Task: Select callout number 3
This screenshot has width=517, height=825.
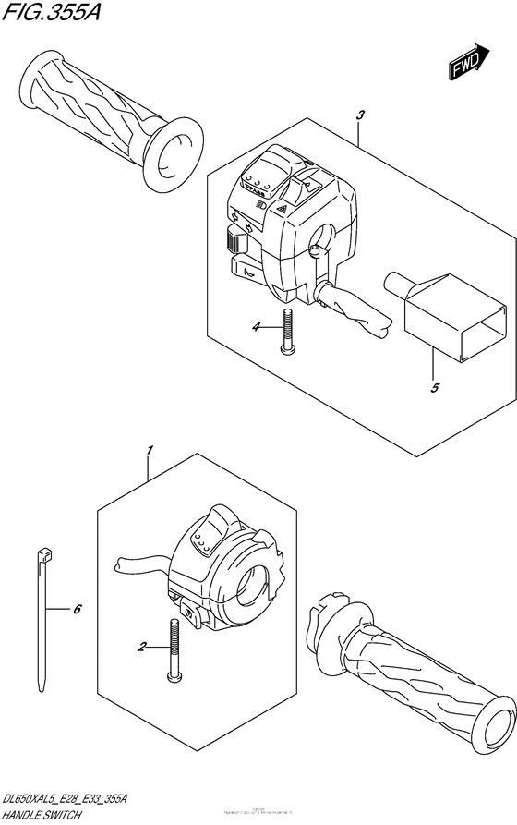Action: pyautogui.click(x=360, y=115)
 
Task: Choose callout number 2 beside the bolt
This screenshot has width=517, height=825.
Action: pyautogui.click(x=141, y=648)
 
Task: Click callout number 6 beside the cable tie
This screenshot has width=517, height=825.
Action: pyautogui.click(x=77, y=610)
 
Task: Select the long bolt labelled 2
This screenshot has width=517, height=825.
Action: pyautogui.click(x=172, y=650)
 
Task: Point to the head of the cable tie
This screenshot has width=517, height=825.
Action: pyautogui.click(x=44, y=558)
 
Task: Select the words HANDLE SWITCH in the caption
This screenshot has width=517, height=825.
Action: pyautogui.click(x=42, y=815)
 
